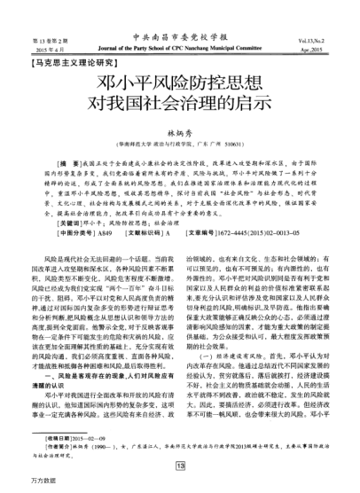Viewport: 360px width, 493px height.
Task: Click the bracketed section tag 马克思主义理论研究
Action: click(x=72, y=63)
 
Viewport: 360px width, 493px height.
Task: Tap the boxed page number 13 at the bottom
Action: click(x=180, y=465)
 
